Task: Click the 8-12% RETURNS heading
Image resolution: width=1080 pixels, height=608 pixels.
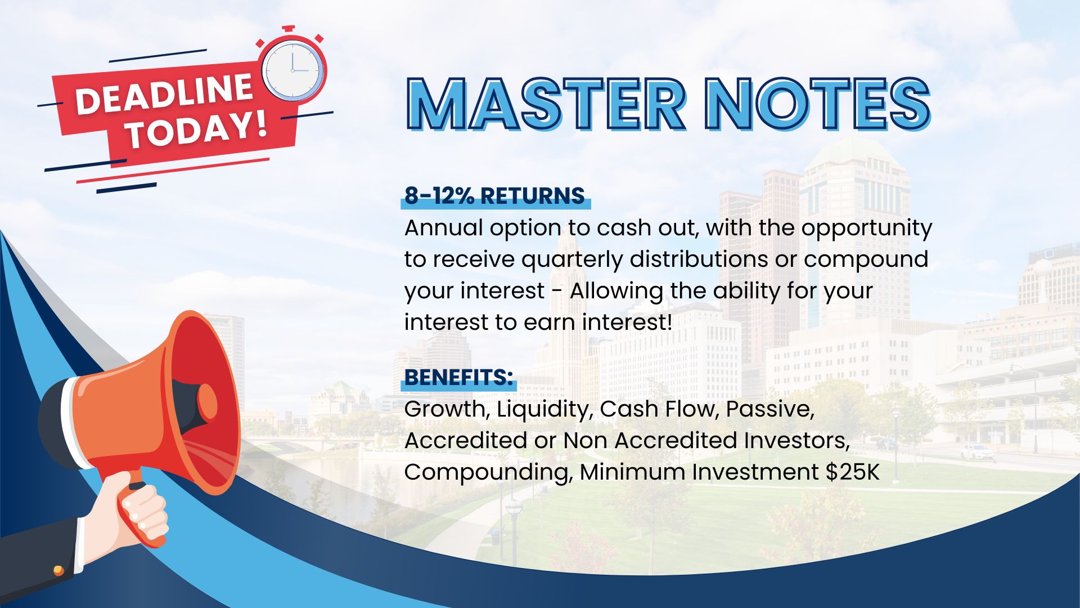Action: click(x=494, y=195)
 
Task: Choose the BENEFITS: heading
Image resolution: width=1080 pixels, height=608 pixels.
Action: click(x=458, y=377)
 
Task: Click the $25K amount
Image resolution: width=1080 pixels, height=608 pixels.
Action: click(x=852, y=472)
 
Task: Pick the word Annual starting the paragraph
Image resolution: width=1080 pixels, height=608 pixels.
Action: click(x=443, y=227)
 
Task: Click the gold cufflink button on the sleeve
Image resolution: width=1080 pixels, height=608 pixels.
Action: click(x=58, y=571)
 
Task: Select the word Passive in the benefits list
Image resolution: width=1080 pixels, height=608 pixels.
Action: click(x=770, y=409)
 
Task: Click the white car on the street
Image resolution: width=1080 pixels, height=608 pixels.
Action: click(x=978, y=451)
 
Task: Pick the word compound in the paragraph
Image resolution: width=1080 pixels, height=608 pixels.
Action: click(x=866, y=260)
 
